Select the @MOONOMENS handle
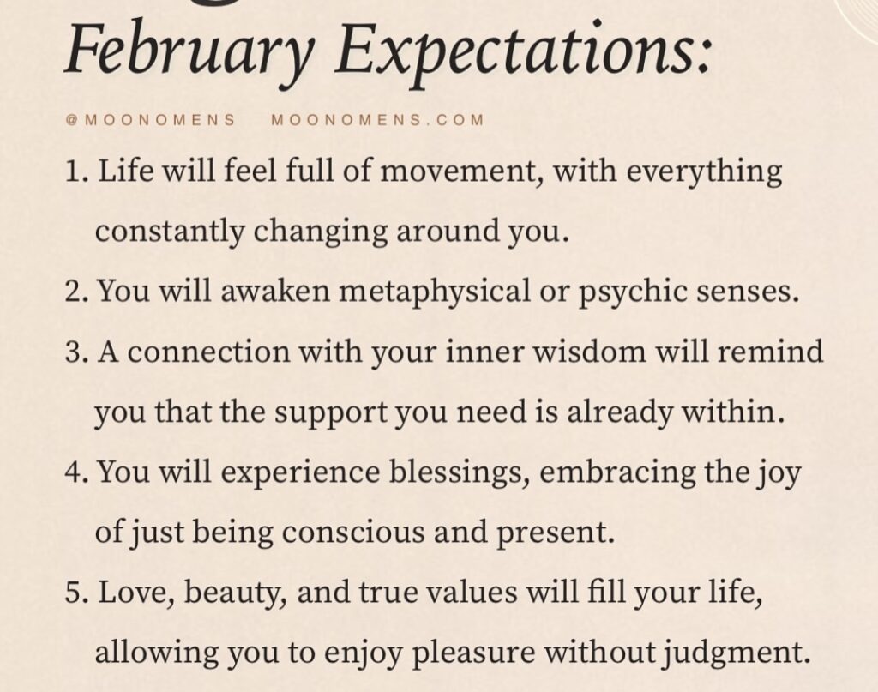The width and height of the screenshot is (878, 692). click(151, 120)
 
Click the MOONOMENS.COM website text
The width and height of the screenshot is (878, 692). click(377, 120)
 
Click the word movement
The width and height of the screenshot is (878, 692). click(460, 172)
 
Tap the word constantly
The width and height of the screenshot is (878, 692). click(170, 232)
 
